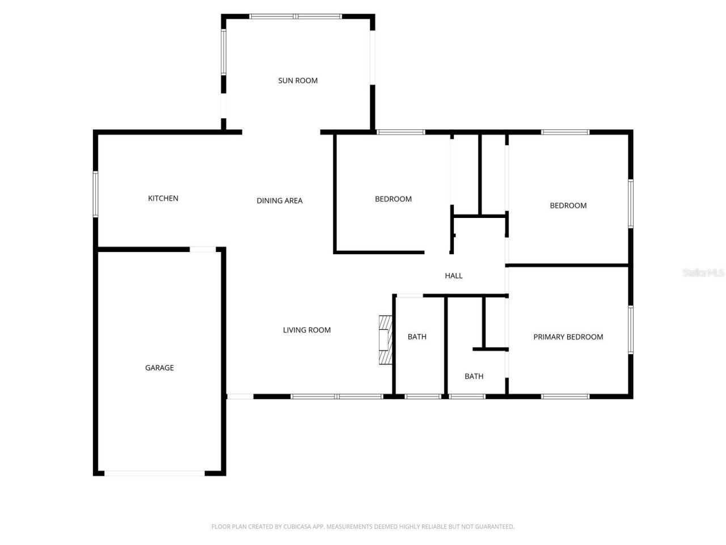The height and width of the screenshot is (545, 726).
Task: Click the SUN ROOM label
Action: (x=298, y=81)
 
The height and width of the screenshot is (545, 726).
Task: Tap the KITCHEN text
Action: (x=163, y=198)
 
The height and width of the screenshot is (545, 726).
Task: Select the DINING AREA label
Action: (x=279, y=200)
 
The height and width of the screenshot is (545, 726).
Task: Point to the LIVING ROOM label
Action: (x=306, y=330)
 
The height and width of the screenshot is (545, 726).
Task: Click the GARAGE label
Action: (x=159, y=368)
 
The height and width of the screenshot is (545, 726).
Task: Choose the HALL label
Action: (x=453, y=276)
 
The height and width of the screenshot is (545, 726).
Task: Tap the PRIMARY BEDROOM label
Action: (x=568, y=337)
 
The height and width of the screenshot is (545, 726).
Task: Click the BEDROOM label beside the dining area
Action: (x=393, y=199)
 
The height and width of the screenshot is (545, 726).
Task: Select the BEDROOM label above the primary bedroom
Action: (x=568, y=206)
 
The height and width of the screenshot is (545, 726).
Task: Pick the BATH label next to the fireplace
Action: (x=417, y=337)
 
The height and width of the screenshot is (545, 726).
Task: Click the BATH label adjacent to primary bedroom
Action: (x=474, y=376)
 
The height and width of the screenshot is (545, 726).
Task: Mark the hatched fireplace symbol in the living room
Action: (x=386, y=339)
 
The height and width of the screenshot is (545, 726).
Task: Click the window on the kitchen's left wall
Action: (x=96, y=194)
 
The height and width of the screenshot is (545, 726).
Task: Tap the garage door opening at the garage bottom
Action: (x=154, y=473)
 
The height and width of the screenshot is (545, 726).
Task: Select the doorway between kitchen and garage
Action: (x=202, y=249)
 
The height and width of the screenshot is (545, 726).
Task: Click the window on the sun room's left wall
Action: (x=223, y=52)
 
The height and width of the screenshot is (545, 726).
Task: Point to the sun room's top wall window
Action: (x=296, y=16)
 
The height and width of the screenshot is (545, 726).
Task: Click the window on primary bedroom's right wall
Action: (x=630, y=330)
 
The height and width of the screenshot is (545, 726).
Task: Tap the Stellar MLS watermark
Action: (x=703, y=273)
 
